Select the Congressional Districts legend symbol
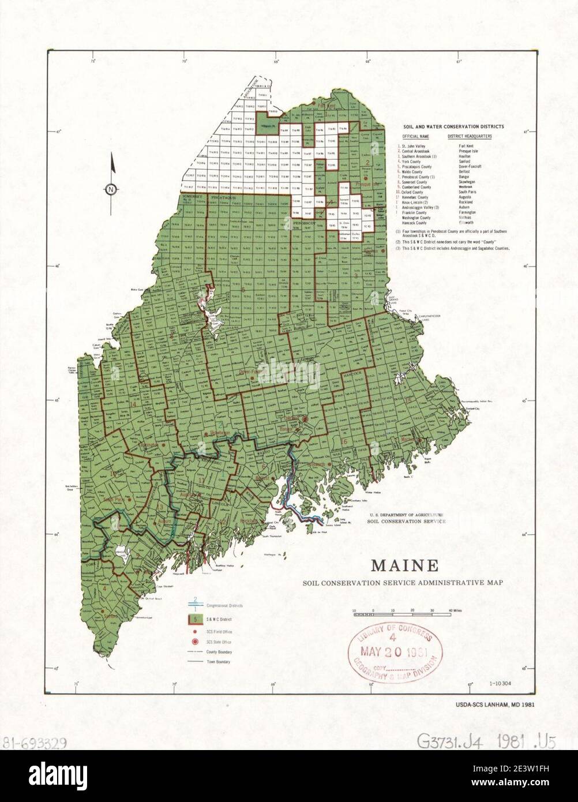pos(196,605)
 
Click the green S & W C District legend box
pos(196,619)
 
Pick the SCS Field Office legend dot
pos(196,632)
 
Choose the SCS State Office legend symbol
pos(196,642)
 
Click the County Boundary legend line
pos(196,652)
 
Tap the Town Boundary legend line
pos(196,662)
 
